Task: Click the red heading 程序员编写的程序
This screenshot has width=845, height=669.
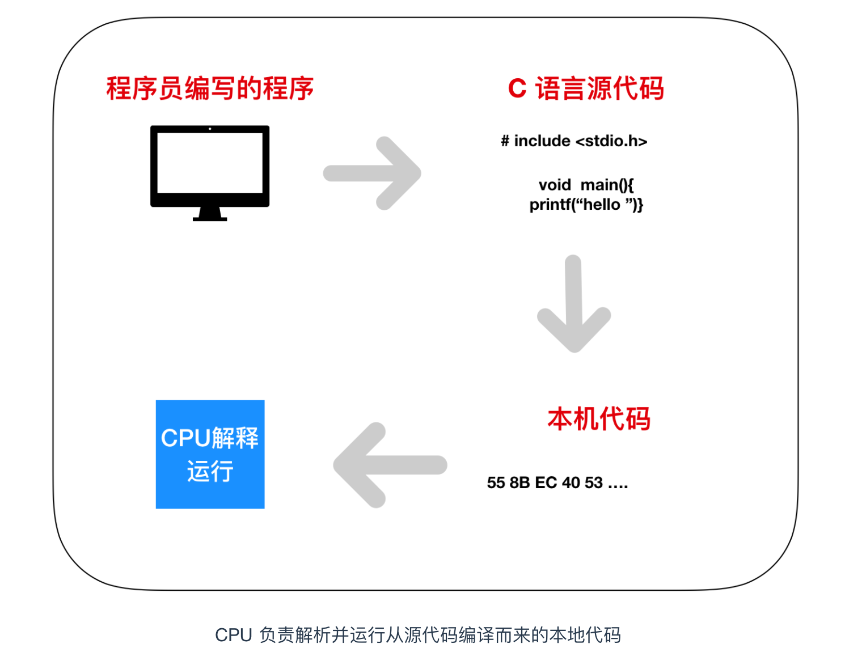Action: pyautogui.click(x=210, y=88)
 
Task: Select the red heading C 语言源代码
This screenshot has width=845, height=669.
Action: pyautogui.click(x=586, y=88)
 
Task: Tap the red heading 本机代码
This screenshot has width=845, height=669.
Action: pyautogui.click(x=598, y=419)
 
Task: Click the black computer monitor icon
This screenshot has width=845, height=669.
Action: pyautogui.click(x=210, y=167)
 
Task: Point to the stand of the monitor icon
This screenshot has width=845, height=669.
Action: pyautogui.click(x=210, y=214)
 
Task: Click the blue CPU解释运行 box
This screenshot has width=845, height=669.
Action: pyautogui.click(x=210, y=454)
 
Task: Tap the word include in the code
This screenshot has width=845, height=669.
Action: pyautogui.click(x=542, y=141)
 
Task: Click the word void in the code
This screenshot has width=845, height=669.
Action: pyautogui.click(x=555, y=185)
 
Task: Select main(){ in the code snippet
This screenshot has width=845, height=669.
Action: pyautogui.click(x=607, y=185)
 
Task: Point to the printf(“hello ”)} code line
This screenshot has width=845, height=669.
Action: pyautogui.click(x=586, y=204)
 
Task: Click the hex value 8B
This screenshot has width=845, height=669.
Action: pyautogui.click(x=519, y=482)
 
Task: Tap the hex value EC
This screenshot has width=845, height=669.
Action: pyautogui.click(x=546, y=482)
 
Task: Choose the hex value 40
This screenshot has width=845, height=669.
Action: pyautogui.click(x=571, y=482)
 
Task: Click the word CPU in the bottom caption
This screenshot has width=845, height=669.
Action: pyautogui.click(x=233, y=635)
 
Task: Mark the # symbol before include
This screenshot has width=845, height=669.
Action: pyautogui.click(x=505, y=141)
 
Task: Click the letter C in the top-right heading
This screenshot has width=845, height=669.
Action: pyautogui.click(x=517, y=88)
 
